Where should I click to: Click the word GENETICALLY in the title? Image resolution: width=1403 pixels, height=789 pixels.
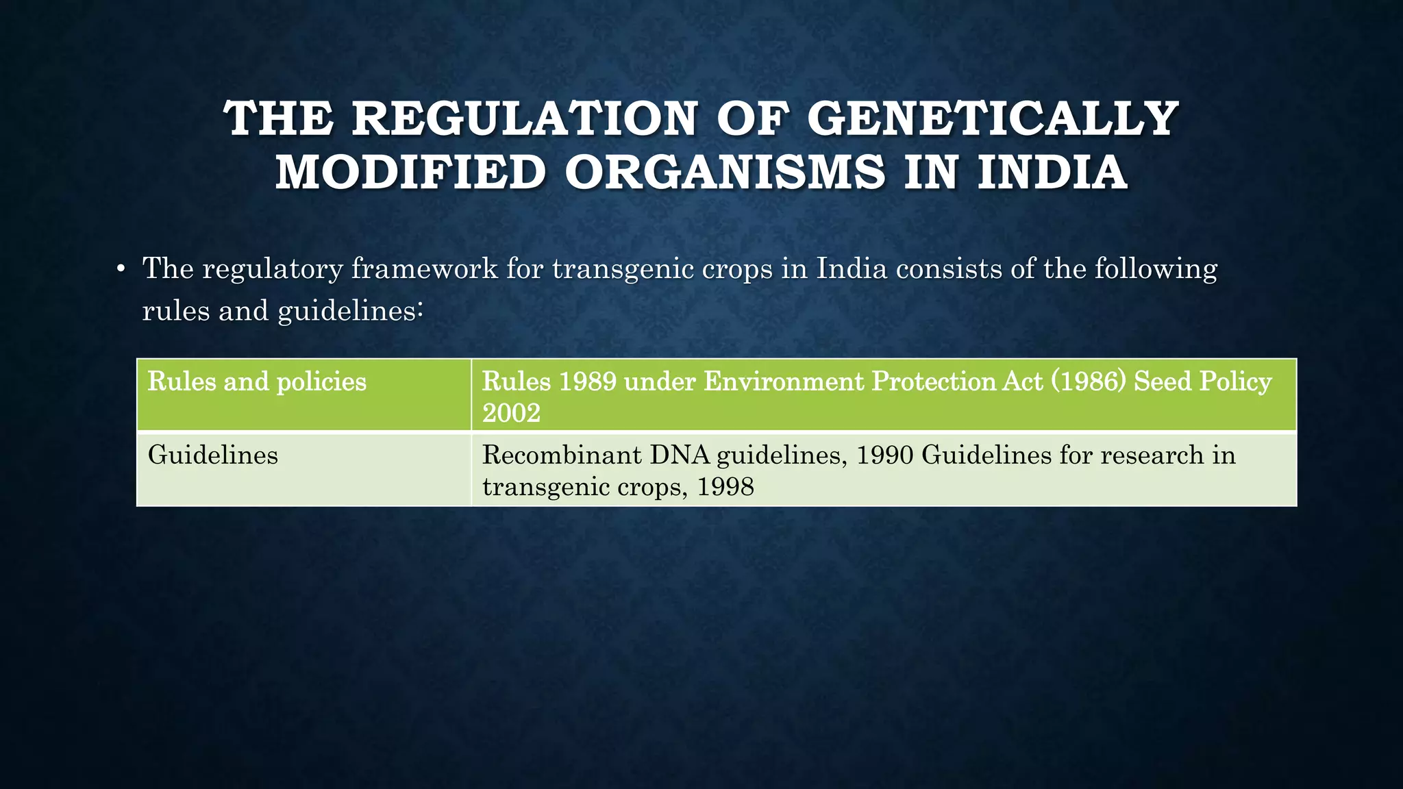993,119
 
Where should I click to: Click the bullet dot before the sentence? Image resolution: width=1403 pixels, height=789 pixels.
120,269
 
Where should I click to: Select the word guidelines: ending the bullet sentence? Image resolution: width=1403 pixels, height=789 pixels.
351,311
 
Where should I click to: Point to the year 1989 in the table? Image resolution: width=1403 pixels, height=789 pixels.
587,381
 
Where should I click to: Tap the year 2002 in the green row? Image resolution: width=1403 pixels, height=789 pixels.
511,413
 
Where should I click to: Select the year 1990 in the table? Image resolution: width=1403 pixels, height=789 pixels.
884,455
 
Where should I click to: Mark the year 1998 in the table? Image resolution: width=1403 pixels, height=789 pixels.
725,487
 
